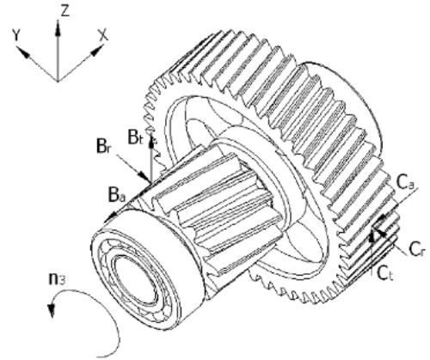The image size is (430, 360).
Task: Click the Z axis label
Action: (65, 11)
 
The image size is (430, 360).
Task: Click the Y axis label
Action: (17, 36)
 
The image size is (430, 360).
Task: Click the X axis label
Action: (103, 35)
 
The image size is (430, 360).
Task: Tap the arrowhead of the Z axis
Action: (58, 28)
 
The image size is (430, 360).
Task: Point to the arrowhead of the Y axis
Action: (23, 52)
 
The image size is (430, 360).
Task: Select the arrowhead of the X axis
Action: (96, 51)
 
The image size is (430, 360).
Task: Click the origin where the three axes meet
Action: (58, 81)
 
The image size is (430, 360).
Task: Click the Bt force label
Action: (135, 137)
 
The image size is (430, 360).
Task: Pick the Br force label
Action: (103, 148)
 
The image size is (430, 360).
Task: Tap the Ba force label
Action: (118, 196)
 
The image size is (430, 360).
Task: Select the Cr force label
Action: (416, 249)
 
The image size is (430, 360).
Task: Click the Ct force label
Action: (385, 273)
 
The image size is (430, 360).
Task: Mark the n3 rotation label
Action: (57, 278)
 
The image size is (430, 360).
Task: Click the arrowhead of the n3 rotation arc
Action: (52, 310)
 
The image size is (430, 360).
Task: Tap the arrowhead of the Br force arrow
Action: (143, 175)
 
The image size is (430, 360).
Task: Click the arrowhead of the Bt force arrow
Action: (151, 141)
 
